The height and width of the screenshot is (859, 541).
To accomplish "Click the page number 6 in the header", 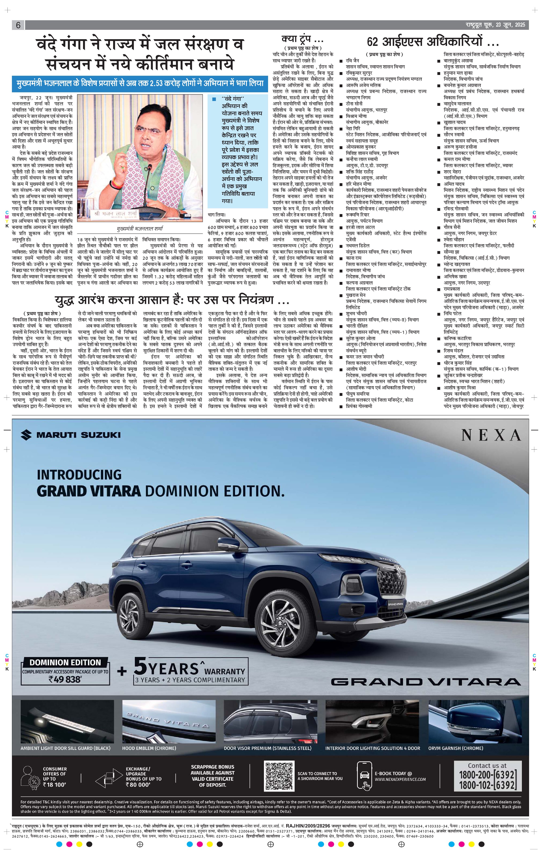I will (18, 25).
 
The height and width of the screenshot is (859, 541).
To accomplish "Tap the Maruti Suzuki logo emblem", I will (26, 434).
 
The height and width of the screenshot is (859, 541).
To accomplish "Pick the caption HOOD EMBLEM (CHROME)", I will (149, 748).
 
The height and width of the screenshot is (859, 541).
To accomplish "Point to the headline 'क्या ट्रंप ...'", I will (302, 39).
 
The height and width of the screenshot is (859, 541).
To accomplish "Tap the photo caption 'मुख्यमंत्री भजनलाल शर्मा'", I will (140, 228).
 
